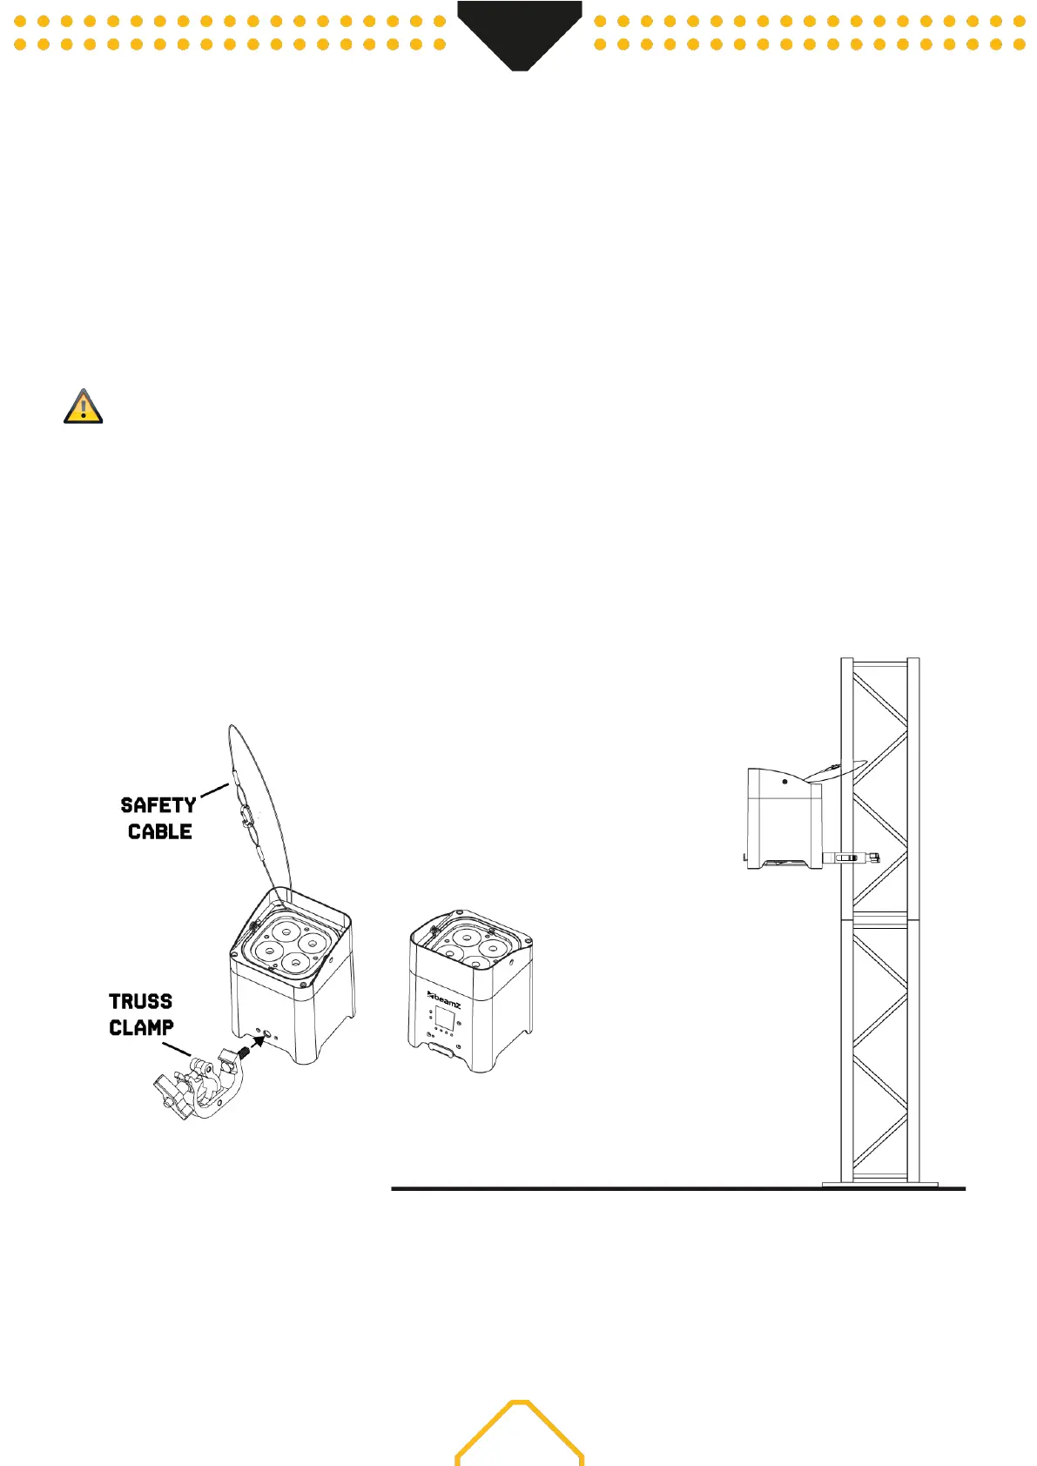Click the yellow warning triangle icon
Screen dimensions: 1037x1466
(84, 407)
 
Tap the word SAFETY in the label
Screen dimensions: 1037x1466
(158, 805)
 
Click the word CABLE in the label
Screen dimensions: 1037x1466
(160, 832)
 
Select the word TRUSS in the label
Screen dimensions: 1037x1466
(141, 1001)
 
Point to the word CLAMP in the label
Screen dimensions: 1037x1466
(141, 1028)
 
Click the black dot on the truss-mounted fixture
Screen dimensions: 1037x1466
(784, 782)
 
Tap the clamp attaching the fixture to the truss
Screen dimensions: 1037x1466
(851, 858)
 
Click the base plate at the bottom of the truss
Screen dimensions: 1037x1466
(879, 1183)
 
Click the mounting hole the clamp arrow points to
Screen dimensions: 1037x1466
(268, 1035)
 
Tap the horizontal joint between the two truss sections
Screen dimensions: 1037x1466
(879, 918)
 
